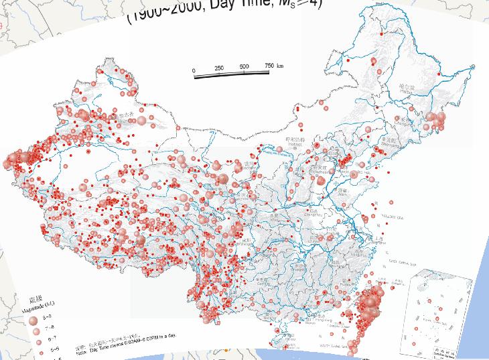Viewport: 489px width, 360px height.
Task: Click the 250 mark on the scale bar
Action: (219, 68)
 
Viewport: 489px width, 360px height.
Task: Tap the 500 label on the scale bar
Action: (244, 66)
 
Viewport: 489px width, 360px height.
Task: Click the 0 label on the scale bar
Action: (194, 70)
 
